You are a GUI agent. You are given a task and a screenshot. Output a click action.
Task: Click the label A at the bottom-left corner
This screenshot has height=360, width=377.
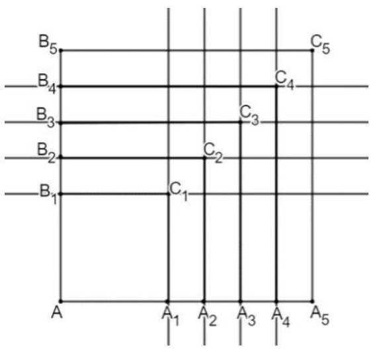(x=57, y=312)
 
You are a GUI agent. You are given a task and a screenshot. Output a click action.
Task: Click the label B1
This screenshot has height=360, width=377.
(x=48, y=194)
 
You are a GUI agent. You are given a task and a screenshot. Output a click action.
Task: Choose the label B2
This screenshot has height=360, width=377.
(x=46, y=153)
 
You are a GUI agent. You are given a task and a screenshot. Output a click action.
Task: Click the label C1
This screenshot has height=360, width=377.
(x=179, y=191)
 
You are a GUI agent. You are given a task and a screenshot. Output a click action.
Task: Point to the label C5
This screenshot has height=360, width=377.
(x=320, y=44)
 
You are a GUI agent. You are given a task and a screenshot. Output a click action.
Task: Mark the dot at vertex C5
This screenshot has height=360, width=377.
(x=312, y=50)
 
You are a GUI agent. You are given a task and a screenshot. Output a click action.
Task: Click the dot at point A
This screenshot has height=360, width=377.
(x=61, y=301)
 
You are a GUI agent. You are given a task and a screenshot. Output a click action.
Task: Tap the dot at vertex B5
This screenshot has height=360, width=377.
(x=61, y=50)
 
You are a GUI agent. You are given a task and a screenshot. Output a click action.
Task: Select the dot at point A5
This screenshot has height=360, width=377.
(x=312, y=301)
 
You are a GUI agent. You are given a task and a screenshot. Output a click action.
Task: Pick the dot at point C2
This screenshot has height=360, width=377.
(x=204, y=158)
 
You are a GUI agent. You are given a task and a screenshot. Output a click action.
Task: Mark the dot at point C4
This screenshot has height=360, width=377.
(x=276, y=86)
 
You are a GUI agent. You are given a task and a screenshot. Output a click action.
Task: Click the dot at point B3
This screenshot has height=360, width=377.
(x=61, y=123)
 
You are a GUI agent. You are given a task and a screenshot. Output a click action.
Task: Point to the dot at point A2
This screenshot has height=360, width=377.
(x=204, y=301)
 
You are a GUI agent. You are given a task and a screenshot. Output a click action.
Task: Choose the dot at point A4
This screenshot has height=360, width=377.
(x=276, y=301)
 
